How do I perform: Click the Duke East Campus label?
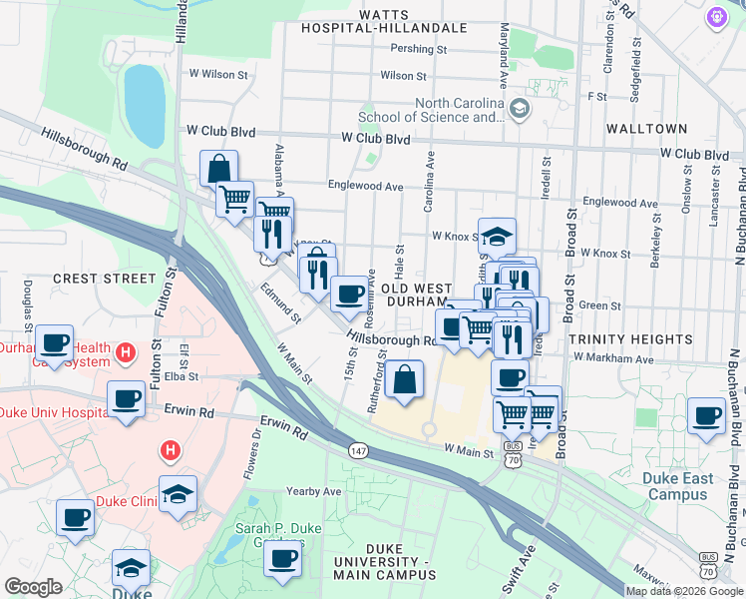tap(678, 486)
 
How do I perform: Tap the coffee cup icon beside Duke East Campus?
tap(707, 415)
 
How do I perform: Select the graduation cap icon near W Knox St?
tap(497, 236)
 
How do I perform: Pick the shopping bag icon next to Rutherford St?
tap(404, 379)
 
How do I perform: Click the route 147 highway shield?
tap(357, 451)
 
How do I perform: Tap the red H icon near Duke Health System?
tap(126, 352)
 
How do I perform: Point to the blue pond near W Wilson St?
tap(145, 105)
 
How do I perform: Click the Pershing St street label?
tap(418, 49)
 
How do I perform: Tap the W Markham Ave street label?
tap(612, 358)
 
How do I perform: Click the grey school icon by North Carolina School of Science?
tap(518, 107)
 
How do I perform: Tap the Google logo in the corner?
tap(33, 587)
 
